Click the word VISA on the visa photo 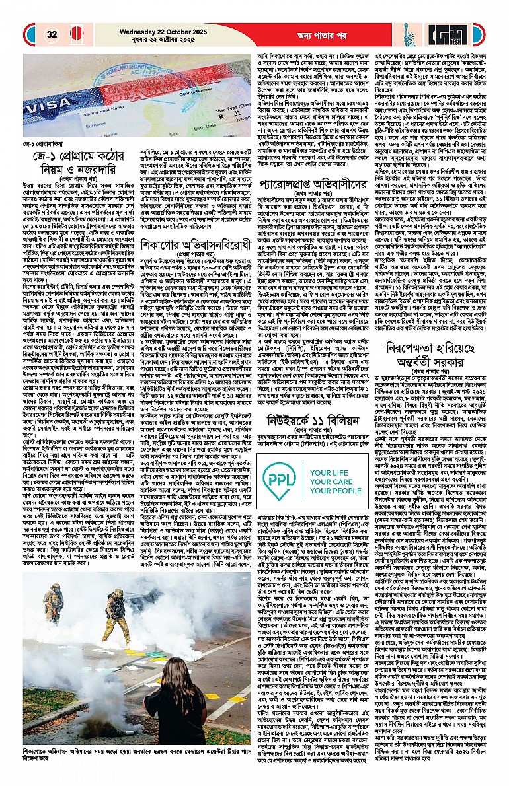[45, 106]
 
